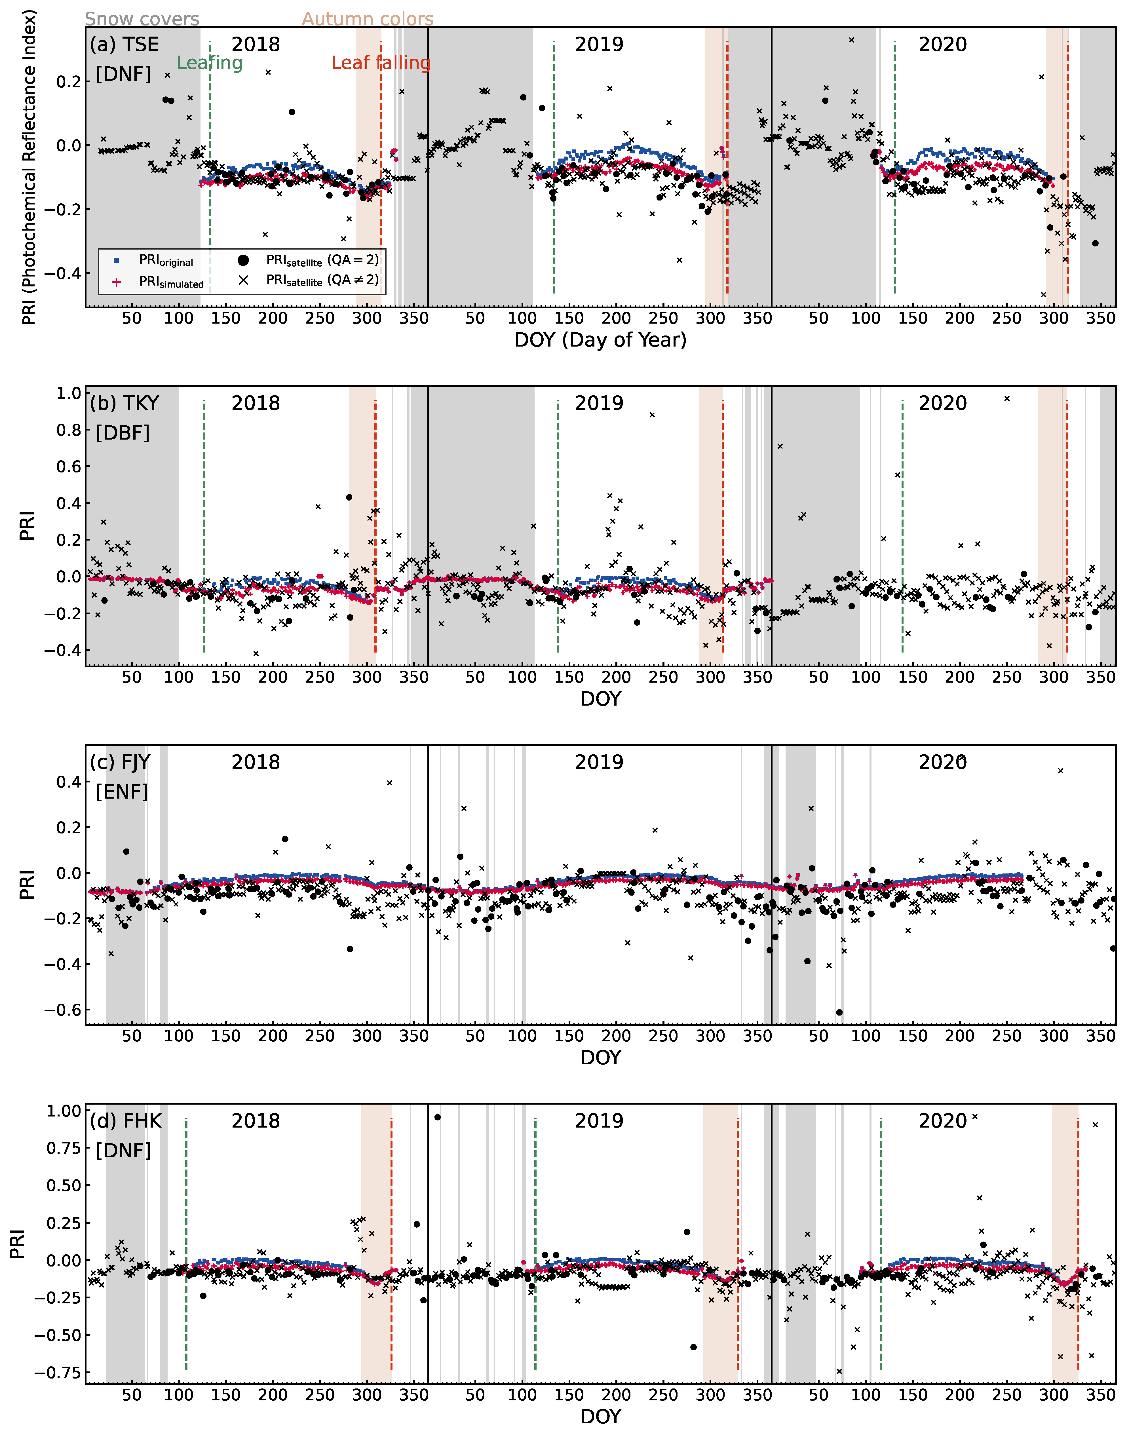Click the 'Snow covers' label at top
[142, 19]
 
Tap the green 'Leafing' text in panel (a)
[210, 63]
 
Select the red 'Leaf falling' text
[381, 63]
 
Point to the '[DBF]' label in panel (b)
[123, 433]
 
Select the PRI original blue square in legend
[116, 260]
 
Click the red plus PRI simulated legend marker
[116, 282]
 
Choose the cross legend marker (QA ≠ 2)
[243, 280]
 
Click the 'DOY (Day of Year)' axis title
[600, 340]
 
